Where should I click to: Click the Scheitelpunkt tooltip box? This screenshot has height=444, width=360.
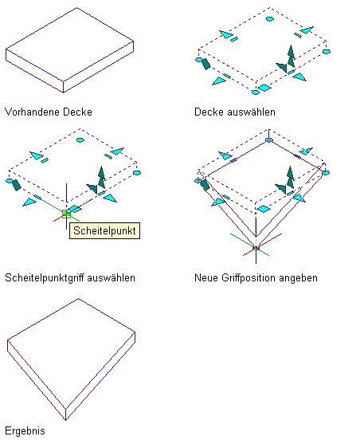point(104,231)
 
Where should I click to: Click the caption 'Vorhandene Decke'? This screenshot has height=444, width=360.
point(49,112)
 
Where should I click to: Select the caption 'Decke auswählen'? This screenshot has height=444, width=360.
point(235,112)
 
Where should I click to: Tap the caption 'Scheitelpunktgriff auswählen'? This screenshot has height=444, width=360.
point(70,277)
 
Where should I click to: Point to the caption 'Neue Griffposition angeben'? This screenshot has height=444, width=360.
point(256,277)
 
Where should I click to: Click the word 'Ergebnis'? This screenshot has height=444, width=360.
point(25,430)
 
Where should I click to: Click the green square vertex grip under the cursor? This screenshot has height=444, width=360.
point(66,214)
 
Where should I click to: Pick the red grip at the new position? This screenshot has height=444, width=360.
point(256,249)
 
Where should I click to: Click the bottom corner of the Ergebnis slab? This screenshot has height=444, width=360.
point(65,420)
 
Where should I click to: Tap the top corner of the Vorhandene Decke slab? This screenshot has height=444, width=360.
point(77,8)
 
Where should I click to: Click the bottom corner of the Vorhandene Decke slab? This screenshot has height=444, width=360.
point(63,92)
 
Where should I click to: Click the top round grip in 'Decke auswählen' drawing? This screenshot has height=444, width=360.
point(270,19)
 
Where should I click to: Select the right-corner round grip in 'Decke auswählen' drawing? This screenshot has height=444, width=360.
point(327,52)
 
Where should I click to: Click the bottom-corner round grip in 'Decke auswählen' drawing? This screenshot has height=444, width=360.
point(256,92)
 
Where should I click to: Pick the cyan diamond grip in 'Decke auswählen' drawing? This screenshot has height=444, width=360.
point(264,88)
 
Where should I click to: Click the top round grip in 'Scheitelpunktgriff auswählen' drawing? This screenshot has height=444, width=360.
point(80,139)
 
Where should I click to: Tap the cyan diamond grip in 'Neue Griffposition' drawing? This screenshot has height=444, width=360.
point(263,209)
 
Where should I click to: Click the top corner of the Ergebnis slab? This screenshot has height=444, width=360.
point(78,299)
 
